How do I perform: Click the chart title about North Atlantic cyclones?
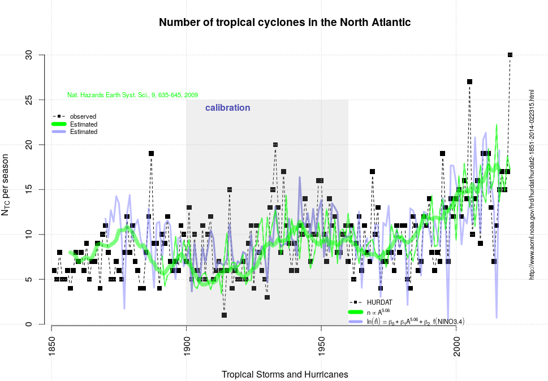point(284,23)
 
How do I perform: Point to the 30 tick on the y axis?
point(28,55)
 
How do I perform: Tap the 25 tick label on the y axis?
point(28,100)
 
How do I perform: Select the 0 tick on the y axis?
point(28,324)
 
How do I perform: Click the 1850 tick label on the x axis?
point(51,344)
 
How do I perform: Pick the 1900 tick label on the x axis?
point(187,344)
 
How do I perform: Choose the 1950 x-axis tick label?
point(321,344)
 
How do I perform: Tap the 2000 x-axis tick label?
point(456,344)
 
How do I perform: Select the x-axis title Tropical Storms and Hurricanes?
point(284,374)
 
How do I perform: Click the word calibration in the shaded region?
point(227,107)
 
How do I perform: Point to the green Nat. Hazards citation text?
point(132,95)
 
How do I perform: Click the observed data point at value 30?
point(510,55)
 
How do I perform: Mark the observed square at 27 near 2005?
point(469,82)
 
